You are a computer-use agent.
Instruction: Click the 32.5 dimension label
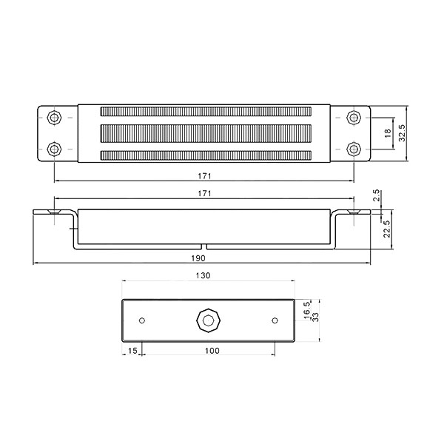(x=402, y=132)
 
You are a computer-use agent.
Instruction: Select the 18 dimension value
(x=388, y=132)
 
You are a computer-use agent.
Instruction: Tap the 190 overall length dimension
(x=198, y=258)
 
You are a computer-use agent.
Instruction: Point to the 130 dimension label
(x=203, y=275)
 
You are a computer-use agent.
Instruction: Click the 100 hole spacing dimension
(x=212, y=351)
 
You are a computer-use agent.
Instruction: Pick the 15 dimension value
(x=132, y=351)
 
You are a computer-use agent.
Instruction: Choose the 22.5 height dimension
(x=387, y=229)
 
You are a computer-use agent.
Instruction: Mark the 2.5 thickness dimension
(x=377, y=195)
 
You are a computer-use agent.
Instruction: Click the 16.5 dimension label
(x=307, y=310)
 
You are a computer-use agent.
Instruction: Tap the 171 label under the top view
(x=204, y=176)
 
